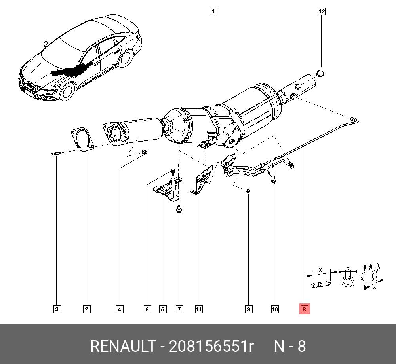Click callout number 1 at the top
[213, 11]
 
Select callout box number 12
[321, 11]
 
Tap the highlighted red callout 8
[304, 309]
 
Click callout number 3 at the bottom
[57, 309]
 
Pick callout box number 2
[86, 309]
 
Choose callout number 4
[120, 309]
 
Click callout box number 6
[147, 309]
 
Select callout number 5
[163, 309]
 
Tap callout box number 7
[179, 309]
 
